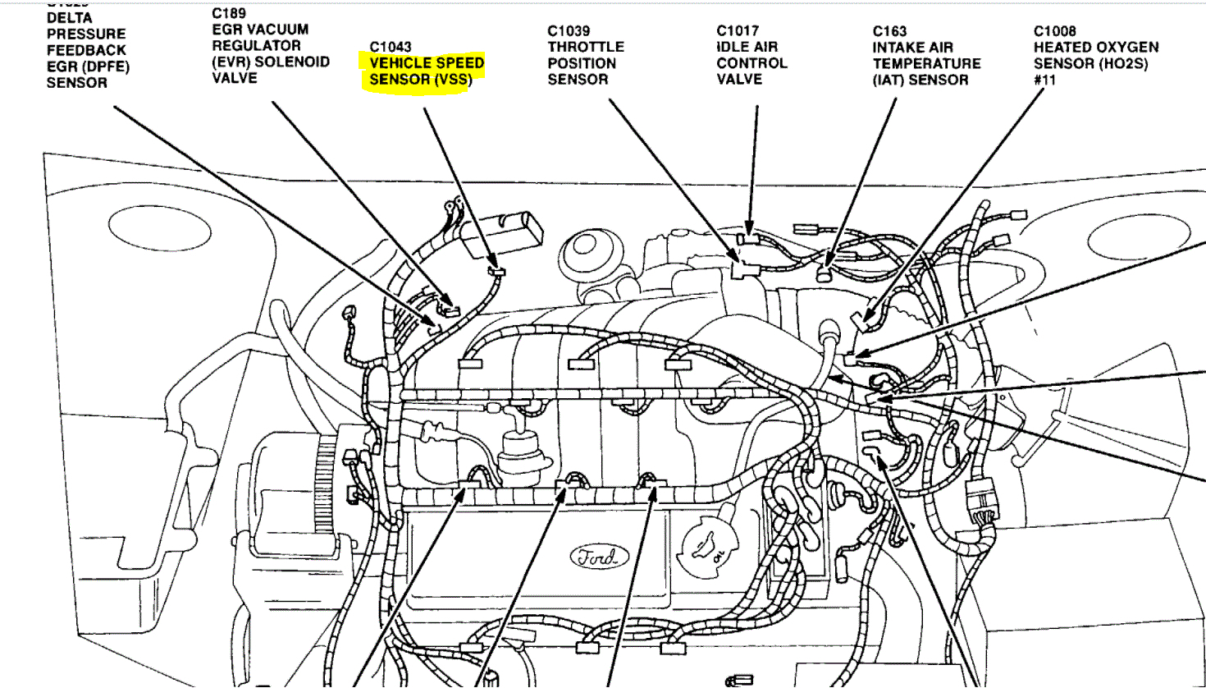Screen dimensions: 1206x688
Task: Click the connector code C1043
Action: [x=391, y=47]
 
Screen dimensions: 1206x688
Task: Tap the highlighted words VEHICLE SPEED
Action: [x=427, y=62]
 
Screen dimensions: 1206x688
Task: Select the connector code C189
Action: [x=228, y=13]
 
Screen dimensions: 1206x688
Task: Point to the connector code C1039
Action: [x=569, y=31]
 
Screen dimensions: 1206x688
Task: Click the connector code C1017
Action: [x=738, y=31]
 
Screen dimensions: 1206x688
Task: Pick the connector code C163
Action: [x=889, y=31]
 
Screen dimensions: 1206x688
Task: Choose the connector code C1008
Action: [x=1054, y=31]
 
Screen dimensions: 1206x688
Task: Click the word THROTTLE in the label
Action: [x=586, y=47]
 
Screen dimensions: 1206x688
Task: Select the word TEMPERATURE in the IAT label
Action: [x=926, y=63]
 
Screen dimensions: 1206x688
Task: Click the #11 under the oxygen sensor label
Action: [x=1044, y=80]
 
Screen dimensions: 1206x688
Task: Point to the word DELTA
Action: [x=70, y=18]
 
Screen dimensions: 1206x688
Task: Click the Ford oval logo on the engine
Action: [x=598, y=557]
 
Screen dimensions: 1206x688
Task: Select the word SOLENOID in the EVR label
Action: [x=292, y=62]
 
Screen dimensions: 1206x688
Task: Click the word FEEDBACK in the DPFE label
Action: [x=86, y=50]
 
